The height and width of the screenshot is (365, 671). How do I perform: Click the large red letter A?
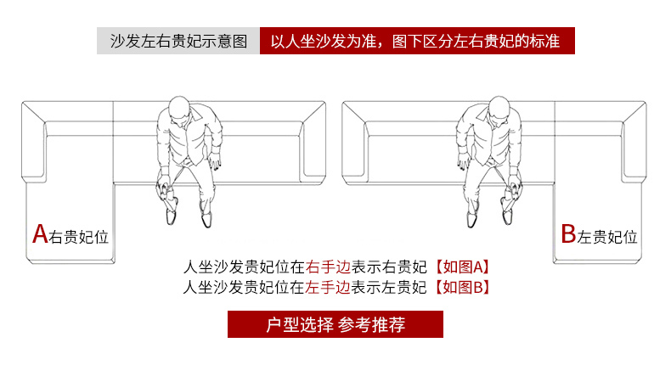(39, 233)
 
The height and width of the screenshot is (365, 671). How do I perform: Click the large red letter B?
(568, 234)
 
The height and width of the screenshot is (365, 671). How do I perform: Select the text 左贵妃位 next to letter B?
(608, 237)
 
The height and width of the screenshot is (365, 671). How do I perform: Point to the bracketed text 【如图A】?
(462, 265)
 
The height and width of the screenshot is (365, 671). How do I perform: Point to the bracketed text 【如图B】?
(462, 286)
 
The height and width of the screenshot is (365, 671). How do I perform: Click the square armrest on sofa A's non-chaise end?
(313, 141)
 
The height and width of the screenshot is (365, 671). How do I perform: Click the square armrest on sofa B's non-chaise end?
(355, 141)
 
